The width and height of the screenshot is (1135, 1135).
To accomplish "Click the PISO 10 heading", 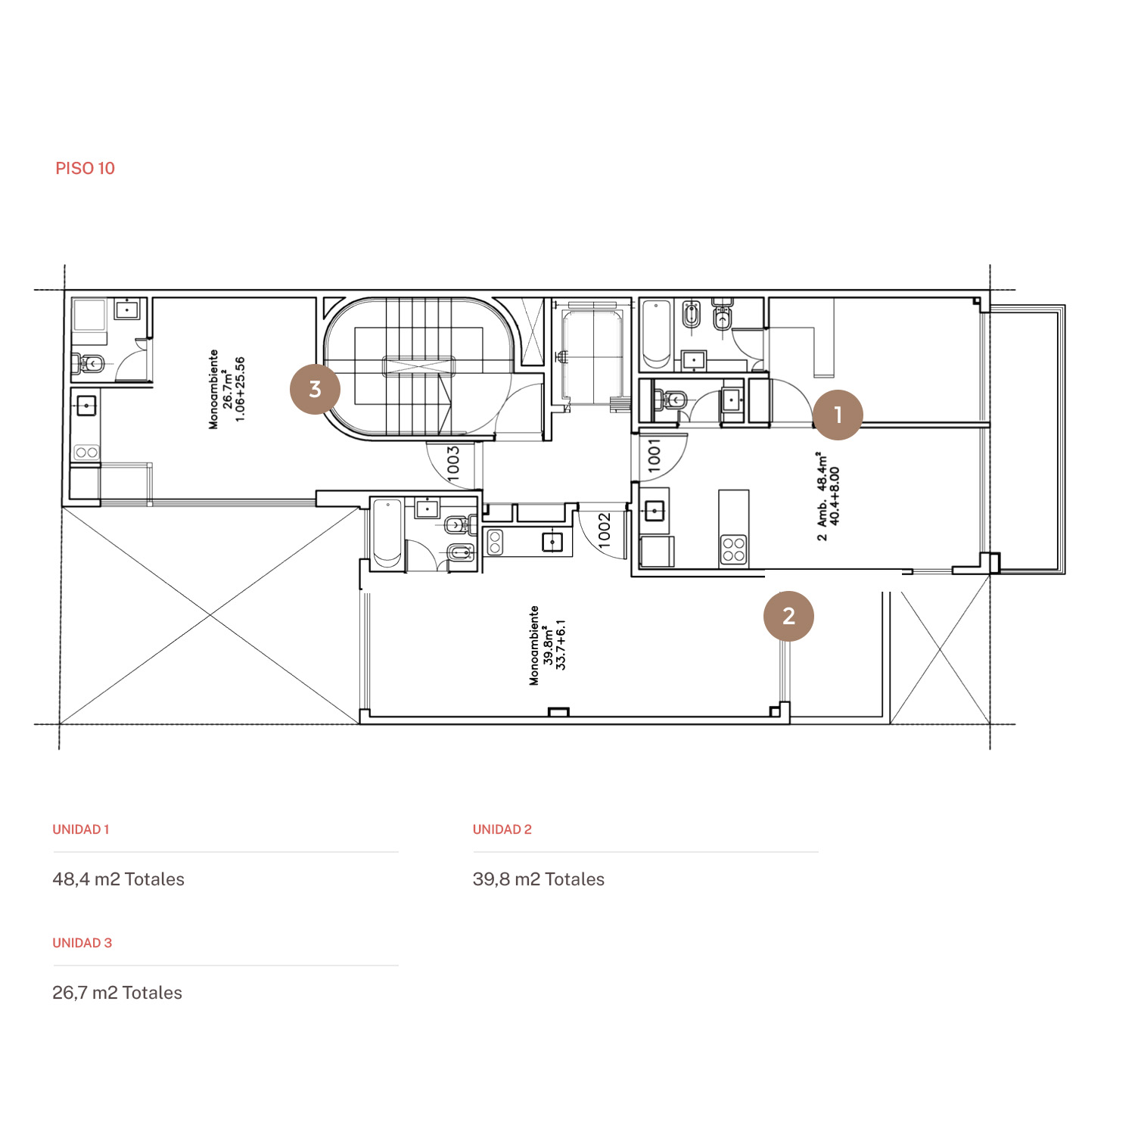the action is pyautogui.click(x=85, y=168).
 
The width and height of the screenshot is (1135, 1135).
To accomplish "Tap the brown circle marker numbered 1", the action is pyautogui.click(x=838, y=415).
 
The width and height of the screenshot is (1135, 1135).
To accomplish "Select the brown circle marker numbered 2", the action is pyautogui.click(x=788, y=616).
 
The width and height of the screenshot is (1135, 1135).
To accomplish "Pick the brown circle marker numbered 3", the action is pyautogui.click(x=315, y=389).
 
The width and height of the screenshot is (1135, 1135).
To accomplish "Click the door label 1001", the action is pyautogui.click(x=655, y=457).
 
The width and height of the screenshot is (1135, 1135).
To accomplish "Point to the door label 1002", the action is pyautogui.click(x=604, y=530).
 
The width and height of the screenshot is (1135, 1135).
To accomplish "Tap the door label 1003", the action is pyautogui.click(x=453, y=462).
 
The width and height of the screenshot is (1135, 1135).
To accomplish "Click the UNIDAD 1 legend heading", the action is pyautogui.click(x=81, y=829).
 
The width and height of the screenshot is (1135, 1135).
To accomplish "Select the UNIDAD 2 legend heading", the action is pyautogui.click(x=502, y=829).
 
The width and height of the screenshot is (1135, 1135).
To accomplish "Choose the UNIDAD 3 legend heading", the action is pyautogui.click(x=82, y=943).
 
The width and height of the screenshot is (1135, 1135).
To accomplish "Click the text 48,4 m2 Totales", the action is pyautogui.click(x=119, y=879).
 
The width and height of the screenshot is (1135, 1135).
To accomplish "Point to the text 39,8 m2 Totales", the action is pyautogui.click(x=539, y=879).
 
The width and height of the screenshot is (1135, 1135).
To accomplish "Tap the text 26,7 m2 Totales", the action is pyautogui.click(x=117, y=993).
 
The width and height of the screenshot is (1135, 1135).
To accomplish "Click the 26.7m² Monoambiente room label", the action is pyautogui.click(x=227, y=389).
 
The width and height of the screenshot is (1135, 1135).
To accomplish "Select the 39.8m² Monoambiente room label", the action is pyautogui.click(x=547, y=645).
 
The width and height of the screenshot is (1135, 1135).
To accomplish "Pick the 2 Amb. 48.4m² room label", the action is pyautogui.click(x=828, y=496).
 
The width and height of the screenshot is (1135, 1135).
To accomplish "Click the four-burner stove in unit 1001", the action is pyautogui.click(x=733, y=550).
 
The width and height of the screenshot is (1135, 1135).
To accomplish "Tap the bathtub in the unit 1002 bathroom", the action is pyautogui.click(x=387, y=533).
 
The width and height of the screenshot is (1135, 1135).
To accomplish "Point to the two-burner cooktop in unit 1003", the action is pyautogui.click(x=86, y=452).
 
